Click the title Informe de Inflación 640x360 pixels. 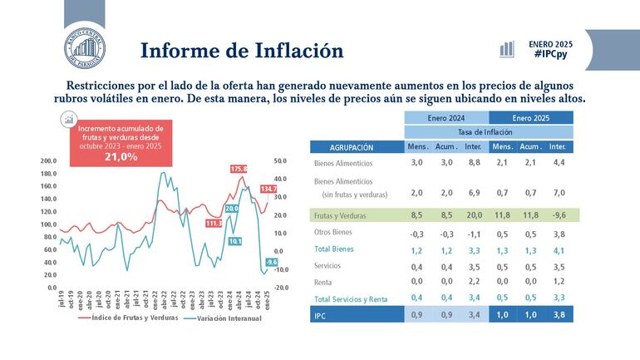point(242,50)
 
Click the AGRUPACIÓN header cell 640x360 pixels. point(346,146)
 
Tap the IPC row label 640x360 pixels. point(321,316)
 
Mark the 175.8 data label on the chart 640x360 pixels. point(239,169)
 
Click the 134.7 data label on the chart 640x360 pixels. point(268,190)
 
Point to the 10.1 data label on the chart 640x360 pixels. point(235,241)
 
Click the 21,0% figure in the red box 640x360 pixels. point(121,155)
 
